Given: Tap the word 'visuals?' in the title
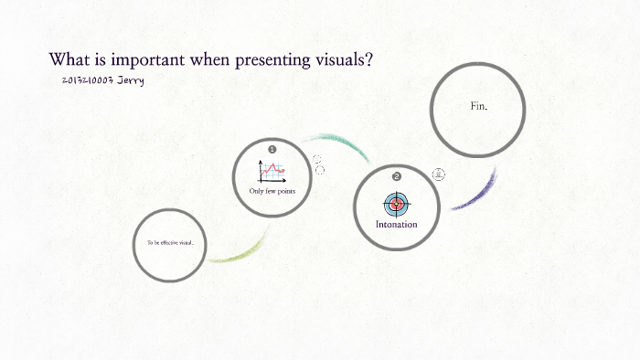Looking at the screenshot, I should pyautogui.click(x=342, y=60).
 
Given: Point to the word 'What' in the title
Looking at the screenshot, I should pyautogui.click(x=69, y=60).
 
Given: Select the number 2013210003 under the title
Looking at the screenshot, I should pyautogui.click(x=89, y=81).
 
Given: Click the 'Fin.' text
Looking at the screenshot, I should pyautogui.click(x=478, y=107).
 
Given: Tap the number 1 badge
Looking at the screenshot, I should pyautogui.click(x=272, y=148).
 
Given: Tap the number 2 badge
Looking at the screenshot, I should pyautogui.click(x=396, y=176).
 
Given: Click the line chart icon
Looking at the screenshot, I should pyautogui.click(x=272, y=169).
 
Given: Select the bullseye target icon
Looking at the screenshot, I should pyautogui.click(x=396, y=203).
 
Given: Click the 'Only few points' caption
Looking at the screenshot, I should pyautogui.click(x=272, y=191).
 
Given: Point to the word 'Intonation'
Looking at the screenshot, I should pyautogui.click(x=396, y=224).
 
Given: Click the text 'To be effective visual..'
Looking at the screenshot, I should pyautogui.click(x=170, y=243).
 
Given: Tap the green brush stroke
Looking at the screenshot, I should pyautogui.click(x=240, y=249).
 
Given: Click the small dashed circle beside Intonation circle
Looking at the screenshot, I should pyautogui.click(x=439, y=175).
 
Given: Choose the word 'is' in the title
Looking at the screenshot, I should pyautogui.click(x=99, y=60).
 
